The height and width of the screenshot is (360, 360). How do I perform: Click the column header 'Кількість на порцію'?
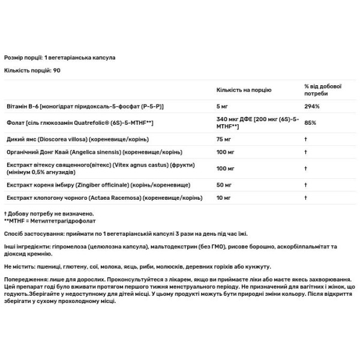244,89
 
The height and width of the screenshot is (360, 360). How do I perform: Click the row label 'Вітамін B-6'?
22,106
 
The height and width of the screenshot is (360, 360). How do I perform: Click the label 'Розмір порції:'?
23,58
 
